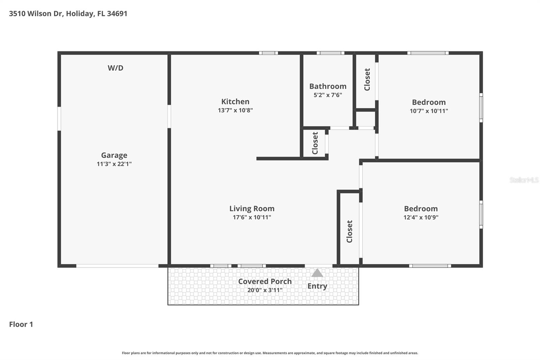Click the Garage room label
pyautogui.click(x=114, y=155)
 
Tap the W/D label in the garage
pyautogui.click(x=115, y=68)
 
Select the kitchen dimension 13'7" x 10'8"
pyautogui.click(x=235, y=110)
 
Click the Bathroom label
pyautogui.click(x=328, y=86)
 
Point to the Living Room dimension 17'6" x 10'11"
pyautogui.click(x=252, y=217)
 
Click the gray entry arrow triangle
pyautogui.click(x=317, y=273)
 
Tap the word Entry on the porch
pyautogui.click(x=317, y=286)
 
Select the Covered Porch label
pyautogui.click(x=265, y=281)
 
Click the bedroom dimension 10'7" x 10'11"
pyautogui.click(x=429, y=111)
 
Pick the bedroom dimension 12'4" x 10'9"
pyautogui.click(x=421, y=217)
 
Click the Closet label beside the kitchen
pyautogui.click(x=315, y=143)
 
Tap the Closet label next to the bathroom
pyautogui.click(x=367, y=79)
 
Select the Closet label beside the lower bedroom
pyautogui.click(x=349, y=231)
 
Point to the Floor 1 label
pyautogui.click(x=21, y=324)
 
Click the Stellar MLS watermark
pyautogui.click(x=524, y=180)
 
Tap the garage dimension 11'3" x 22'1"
pyautogui.click(x=114, y=164)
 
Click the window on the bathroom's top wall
pyautogui.click(x=330, y=53)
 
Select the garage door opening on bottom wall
pyautogui.click(x=117, y=266)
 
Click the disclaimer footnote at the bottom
pyautogui.click(x=270, y=353)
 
